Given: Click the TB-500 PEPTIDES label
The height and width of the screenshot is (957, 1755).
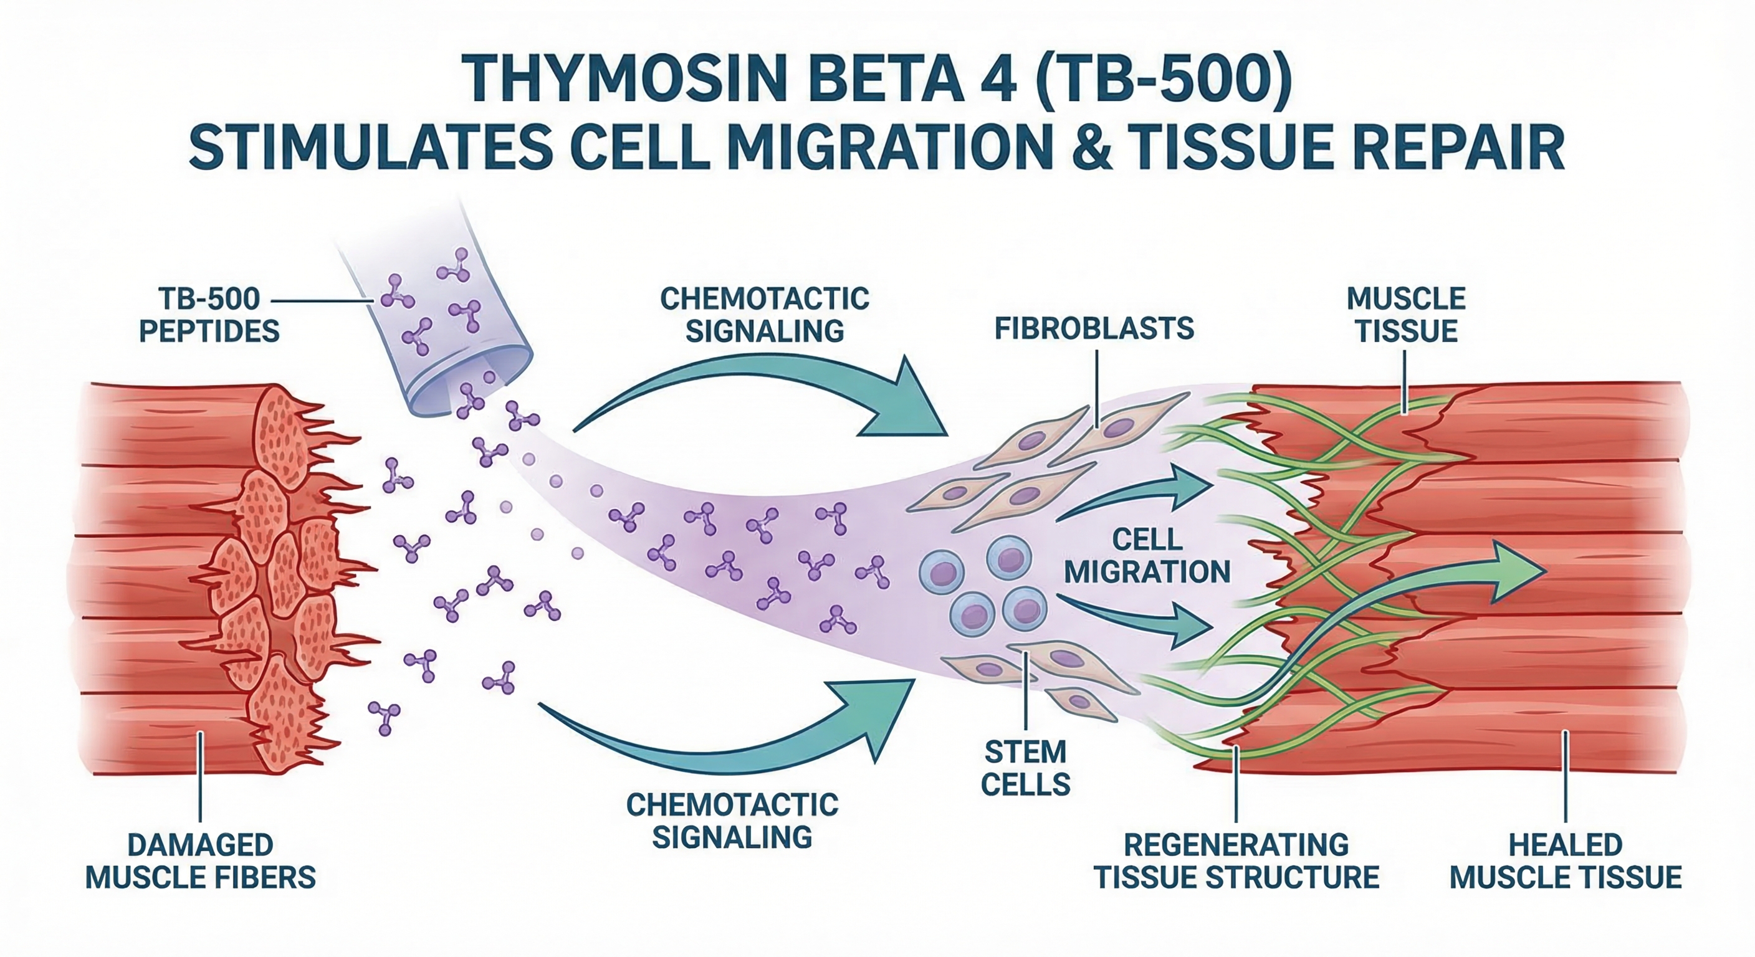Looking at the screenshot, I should tap(209, 315).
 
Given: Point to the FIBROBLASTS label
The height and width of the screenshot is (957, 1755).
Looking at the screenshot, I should tap(1094, 329).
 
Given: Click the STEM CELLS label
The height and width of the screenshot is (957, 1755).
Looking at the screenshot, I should tap(1025, 768).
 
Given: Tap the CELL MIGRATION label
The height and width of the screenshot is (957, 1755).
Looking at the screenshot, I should tap(1147, 556).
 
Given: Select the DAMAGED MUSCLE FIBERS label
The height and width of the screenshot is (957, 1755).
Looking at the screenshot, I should tap(200, 861).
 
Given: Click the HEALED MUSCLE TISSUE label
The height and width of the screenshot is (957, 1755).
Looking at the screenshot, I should tap(1566, 861).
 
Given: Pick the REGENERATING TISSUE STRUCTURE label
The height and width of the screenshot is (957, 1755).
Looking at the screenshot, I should tap(1236, 861).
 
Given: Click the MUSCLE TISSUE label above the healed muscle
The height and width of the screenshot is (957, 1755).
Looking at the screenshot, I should tap(1406, 315).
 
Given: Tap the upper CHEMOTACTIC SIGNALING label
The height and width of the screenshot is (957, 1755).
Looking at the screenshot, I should tap(765, 315).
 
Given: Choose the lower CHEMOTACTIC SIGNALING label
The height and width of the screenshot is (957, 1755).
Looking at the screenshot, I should tap(732, 821).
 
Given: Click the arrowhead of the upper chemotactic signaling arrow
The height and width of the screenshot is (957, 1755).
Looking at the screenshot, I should tap(909, 402).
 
